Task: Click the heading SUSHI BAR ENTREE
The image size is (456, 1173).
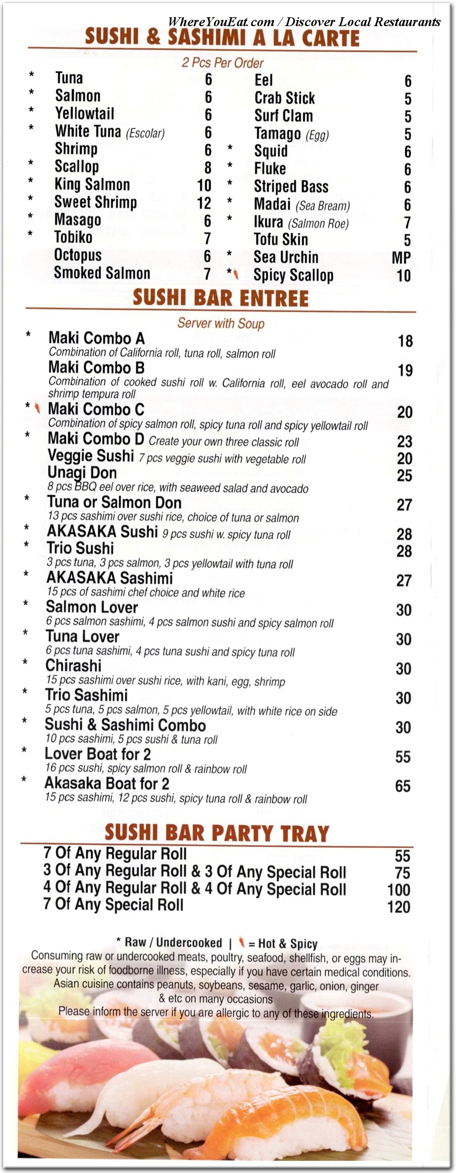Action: pos(220,298)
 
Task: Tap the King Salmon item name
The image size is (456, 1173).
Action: pos(92,185)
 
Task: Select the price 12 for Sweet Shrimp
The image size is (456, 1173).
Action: pos(204,203)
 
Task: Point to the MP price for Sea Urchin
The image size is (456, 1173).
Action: pos(401,258)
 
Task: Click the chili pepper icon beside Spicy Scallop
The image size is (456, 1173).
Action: pos(236,274)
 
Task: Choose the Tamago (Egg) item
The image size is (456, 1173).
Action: pos(291,134)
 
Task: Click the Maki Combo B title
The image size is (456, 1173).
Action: pos(96,368)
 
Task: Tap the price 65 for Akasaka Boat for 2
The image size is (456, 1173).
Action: pos(403,786)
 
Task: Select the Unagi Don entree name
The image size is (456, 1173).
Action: pos(82,473)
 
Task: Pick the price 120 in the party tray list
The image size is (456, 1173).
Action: pos(398,906)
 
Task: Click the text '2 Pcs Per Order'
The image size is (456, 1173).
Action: pos(222,63)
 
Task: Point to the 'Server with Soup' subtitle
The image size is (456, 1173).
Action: pos(221,323)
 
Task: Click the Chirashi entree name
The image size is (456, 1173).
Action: pos(73,666)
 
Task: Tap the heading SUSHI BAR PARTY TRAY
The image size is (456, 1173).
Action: pos(216,833)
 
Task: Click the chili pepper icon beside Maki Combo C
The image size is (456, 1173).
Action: pos(37,408)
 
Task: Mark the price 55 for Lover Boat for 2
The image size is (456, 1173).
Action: pos(403,757)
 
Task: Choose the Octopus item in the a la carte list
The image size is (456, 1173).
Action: pos(78,256)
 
